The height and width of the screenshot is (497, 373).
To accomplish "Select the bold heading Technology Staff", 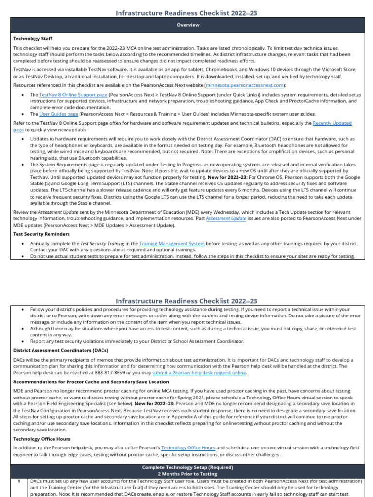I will [x=33, y=38].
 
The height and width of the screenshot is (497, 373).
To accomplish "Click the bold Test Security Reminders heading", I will [x=41, y=234].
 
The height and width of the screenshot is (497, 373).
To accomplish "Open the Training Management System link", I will [x=171, y=243].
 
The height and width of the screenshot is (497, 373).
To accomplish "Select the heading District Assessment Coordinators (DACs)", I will [x=60, y=350].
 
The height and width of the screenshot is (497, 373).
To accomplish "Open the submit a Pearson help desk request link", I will [x=199, y=373].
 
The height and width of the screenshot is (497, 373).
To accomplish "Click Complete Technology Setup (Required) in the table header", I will [x=187, y=467].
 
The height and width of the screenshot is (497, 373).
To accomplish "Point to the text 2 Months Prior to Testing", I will [x=187, y=473].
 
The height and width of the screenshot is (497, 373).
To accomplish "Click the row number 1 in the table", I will [x=18, y=481].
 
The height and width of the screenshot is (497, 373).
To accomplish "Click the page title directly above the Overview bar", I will [x=186, y=12].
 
